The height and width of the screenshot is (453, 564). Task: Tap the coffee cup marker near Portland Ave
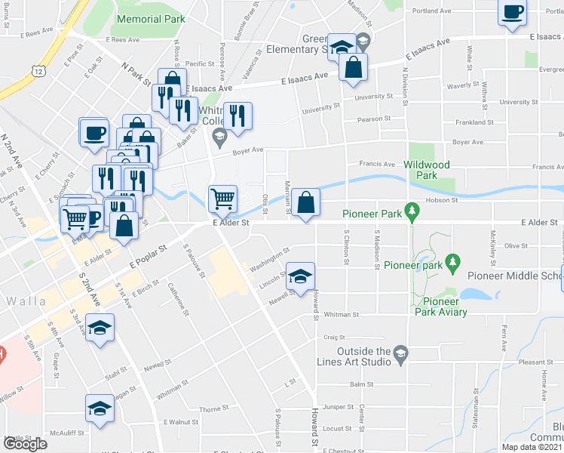click(513, 12)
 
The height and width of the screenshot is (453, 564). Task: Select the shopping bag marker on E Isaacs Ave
click(353, 68)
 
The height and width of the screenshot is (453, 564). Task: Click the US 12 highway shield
click(37, 70)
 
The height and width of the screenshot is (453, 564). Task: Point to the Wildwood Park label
click(427, 170)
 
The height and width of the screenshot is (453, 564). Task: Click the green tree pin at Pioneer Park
click(412, 209)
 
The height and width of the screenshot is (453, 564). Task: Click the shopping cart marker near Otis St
click(222, 200)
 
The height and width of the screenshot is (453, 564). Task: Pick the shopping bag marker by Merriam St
click(305, 203)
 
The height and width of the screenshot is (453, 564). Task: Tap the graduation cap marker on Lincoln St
click(300, 276)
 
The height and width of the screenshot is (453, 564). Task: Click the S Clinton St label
click(346, 248)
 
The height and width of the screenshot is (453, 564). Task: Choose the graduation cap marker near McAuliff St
click(100, 408)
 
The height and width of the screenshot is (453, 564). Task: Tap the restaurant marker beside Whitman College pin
click(238, 116)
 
